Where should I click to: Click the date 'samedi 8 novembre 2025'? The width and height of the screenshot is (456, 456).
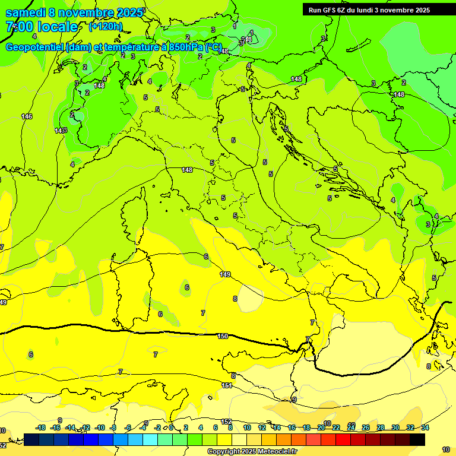tap(74, 12)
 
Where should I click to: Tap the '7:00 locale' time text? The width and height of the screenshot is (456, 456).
tap(42, 27)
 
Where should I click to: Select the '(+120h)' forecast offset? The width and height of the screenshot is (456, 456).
tap(106, 26)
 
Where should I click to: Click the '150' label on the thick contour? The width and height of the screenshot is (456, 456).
tap(223, 336)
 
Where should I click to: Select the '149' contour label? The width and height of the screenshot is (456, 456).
tap(225, 274)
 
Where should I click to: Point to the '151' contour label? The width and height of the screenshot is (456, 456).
tap(227, 385)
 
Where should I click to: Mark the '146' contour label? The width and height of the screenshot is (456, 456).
tap(27, 116)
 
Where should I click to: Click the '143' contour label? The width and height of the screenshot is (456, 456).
tap(61, 131)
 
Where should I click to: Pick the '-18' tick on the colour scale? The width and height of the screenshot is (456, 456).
tap(41, 427)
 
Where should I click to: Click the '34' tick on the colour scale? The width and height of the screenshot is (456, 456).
tap(425, 427)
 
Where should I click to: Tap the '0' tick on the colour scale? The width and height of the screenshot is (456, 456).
tap(171, 427)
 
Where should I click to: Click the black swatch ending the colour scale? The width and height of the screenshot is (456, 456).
tap(417, 439)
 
